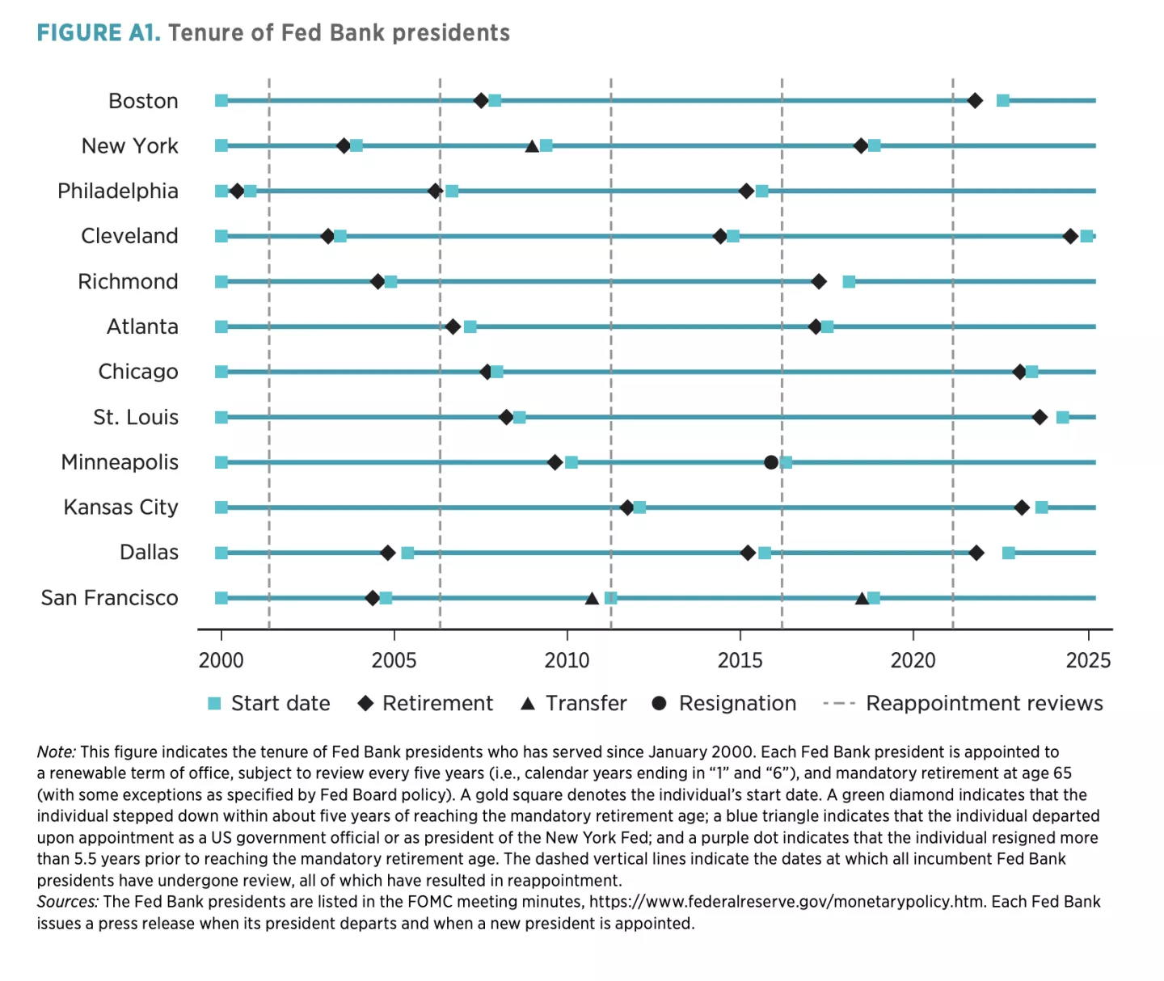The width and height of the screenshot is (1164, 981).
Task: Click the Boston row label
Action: coord(143,101)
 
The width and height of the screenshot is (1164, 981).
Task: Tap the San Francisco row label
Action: coord(109,598)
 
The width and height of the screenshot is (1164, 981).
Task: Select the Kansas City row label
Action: coord(120,507)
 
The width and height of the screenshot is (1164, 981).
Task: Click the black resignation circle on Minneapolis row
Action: coord(771,462)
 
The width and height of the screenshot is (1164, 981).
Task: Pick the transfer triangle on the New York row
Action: coord(532,146)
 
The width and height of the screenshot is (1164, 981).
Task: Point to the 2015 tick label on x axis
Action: coord(740,660)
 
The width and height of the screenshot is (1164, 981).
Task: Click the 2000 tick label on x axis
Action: coord(221,660)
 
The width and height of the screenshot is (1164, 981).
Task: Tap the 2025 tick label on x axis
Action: coord(1088,660)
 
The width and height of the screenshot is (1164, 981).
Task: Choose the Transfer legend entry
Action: coord(573,703)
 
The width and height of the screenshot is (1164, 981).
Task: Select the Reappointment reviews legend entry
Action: coord(963,703)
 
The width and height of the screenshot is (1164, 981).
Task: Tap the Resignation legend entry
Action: coord(723,703)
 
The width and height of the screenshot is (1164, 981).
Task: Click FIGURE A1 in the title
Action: coord(99,33)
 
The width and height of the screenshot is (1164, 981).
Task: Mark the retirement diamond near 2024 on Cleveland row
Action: coord(1070,236)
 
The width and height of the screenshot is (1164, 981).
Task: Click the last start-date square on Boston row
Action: coord(1003,101)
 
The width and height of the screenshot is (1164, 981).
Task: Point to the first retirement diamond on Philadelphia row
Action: coord(237,192)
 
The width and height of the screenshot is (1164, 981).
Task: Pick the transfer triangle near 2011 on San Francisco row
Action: coord(592,598)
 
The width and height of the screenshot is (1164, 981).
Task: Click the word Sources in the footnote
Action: coord(66,902)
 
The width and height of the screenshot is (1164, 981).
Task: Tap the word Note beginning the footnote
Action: coord(55,752)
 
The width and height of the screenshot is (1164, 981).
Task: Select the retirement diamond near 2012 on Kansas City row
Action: coord(627,507)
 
